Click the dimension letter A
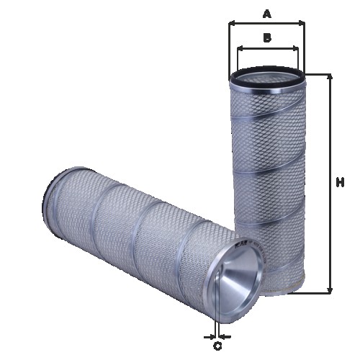(266, 13)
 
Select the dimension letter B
(266, 38)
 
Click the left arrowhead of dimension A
(232, 23)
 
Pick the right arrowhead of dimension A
(302, 23)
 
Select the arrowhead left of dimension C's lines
(209, 336)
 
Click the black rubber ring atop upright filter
(266, 74)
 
